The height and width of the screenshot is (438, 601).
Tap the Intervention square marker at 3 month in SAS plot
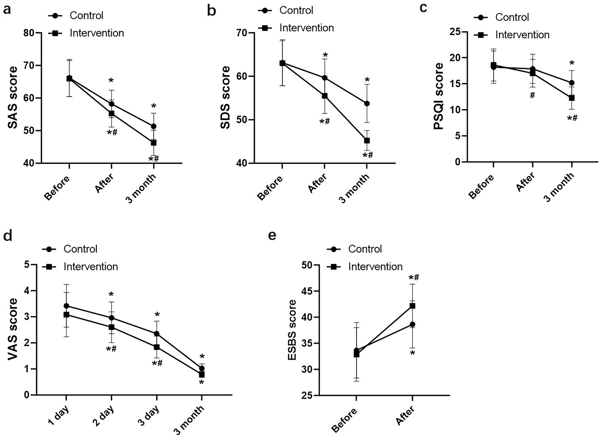click(x=154, y=143)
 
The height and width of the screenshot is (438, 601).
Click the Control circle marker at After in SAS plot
click(x=111, y=104)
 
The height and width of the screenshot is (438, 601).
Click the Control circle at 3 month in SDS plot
click(x=367, y=104)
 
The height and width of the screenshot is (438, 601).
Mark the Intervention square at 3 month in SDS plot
click(x=367, y=140)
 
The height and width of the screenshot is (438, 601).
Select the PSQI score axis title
click(x=439, y=96)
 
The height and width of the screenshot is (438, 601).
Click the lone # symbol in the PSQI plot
click(x=532, y=95)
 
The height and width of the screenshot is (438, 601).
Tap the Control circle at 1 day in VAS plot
click(x=66, y=306)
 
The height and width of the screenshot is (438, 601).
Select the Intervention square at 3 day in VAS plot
click(x=157, y=347)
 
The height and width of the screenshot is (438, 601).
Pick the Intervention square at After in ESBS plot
click(x=412, y=306)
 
